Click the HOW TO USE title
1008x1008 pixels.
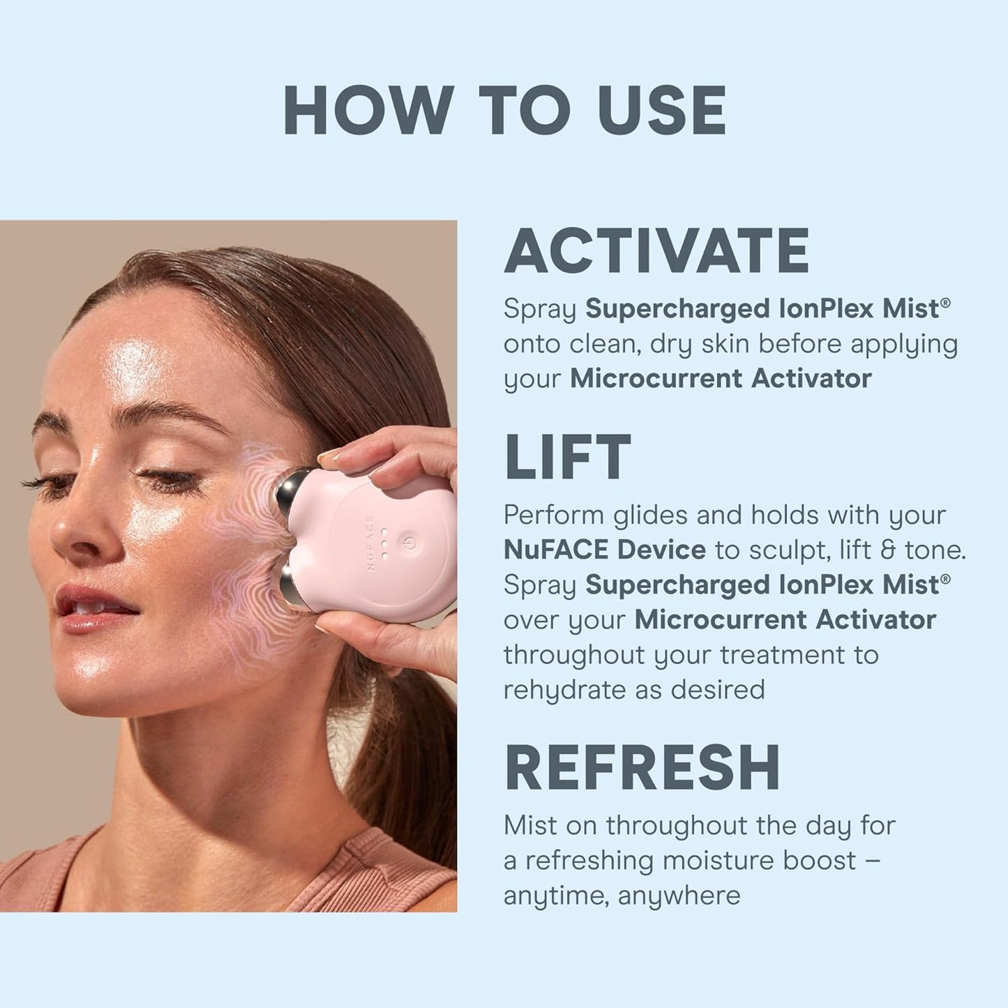point(504,111)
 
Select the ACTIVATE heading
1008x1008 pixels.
point(656,251)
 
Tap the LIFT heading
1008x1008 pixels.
point(568,458)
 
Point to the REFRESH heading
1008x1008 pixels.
point(642,767)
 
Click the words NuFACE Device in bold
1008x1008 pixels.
point(604,550)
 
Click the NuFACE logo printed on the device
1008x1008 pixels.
point(370,542)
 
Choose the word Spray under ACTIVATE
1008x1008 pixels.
point(540,309)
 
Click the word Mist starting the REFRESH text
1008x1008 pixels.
point(529,825)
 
